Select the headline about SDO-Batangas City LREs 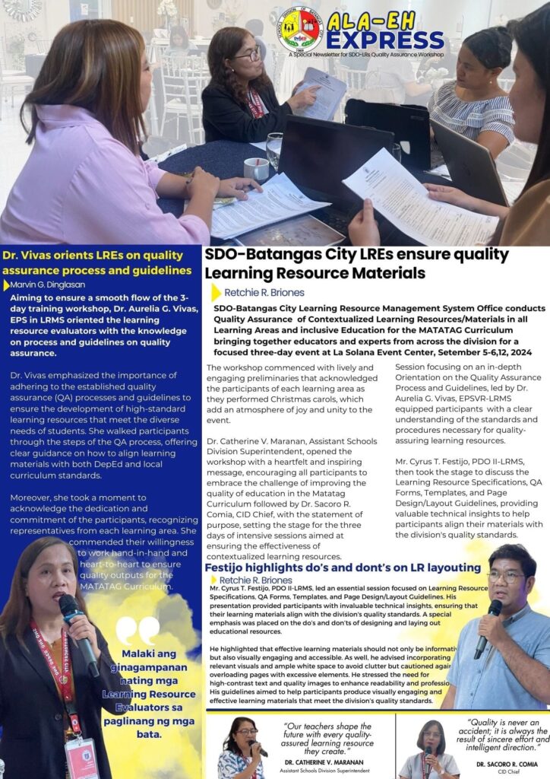356,263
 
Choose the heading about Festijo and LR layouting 343,568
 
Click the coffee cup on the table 256,168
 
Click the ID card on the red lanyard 81,756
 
